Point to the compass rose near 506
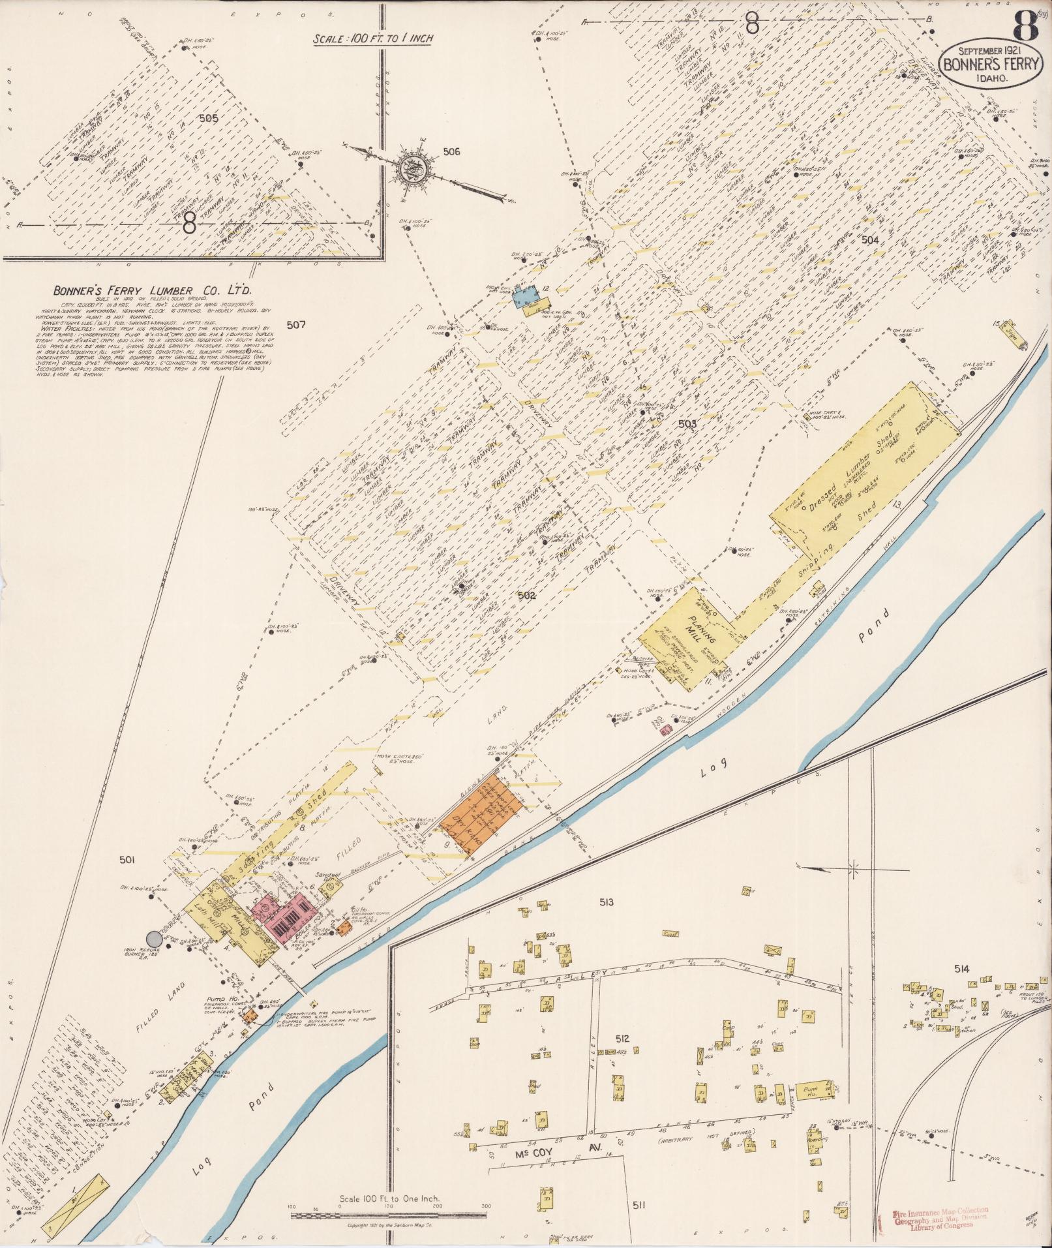416,168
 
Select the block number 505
209,119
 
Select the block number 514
961,969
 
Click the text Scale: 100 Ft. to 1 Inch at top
373,38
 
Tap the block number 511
639,1205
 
